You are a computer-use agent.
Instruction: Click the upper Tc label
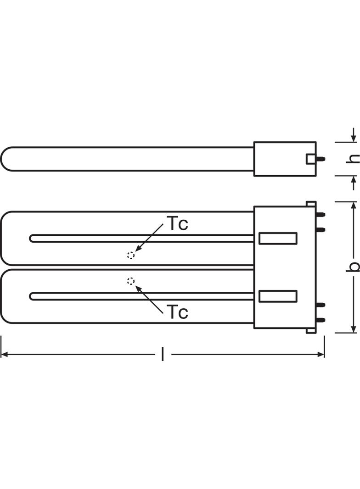(179, 223)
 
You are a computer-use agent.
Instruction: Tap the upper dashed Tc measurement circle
(131, 255)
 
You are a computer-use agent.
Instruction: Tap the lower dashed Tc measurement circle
(131, 281)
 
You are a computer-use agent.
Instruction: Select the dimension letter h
(353, 158)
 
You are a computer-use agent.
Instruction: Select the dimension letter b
(353, 267)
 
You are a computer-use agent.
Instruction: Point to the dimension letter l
(163, 354)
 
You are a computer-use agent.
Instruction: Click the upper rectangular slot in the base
(278, 238)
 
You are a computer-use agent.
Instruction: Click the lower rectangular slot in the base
(278, 296)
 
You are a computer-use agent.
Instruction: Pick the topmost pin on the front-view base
(321, 215)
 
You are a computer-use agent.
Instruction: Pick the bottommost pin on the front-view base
(321, 320)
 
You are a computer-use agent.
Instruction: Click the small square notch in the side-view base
(311, 159)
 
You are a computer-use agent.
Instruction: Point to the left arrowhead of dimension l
(4, 354)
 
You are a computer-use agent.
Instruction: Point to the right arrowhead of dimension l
(321, 354)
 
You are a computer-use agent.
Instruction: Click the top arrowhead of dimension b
(354, 206)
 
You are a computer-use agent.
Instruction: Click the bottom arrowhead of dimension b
(354, 329)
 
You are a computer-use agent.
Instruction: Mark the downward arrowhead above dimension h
(354, 138)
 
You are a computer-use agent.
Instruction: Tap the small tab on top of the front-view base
(311, 204)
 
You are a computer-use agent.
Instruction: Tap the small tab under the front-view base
(311, 331)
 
